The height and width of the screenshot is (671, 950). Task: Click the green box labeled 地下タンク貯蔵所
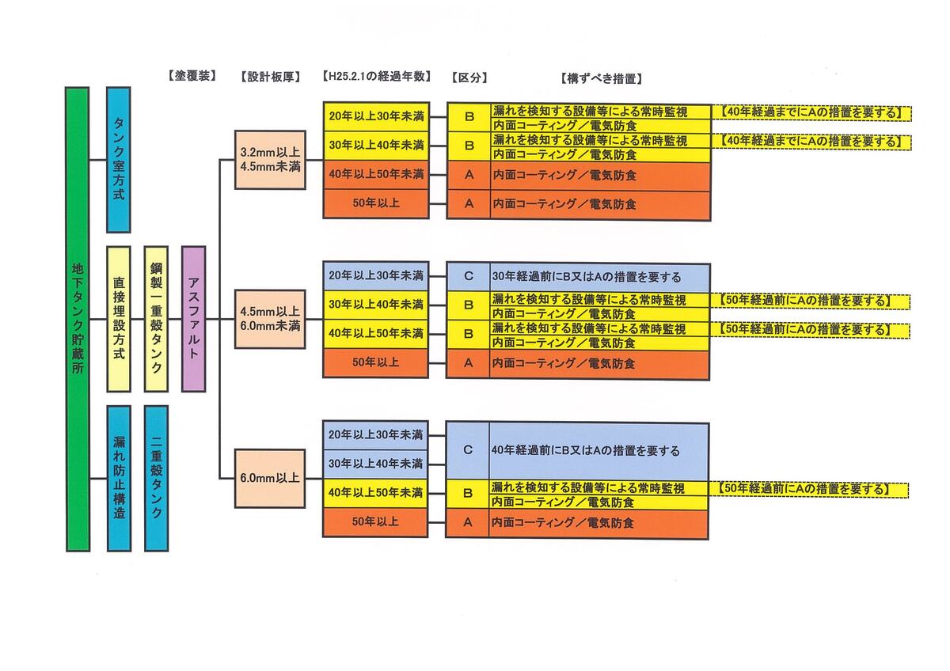click(x=78, y=319)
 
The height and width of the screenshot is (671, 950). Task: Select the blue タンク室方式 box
click(x=118, y=159)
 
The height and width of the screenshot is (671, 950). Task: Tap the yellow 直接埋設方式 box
click(x=118, y=319)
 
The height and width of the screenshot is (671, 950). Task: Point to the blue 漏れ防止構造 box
click(x=118, y=478)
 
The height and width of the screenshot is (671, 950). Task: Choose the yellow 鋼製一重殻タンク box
click(x=156, y=319)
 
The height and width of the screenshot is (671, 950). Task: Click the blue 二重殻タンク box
click(x=156, y=478)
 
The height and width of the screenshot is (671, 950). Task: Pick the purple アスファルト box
click(x=193, y=319)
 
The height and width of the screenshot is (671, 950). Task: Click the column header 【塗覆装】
click(x=192, y=77)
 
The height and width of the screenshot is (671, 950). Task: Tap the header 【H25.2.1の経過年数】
click(x=376, y=77)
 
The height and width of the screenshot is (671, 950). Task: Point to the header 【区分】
click(x=469, y=78)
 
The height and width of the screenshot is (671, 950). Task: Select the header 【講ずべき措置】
click(x=600, y=78)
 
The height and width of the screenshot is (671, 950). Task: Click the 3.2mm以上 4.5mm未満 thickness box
click(x=270, y=160)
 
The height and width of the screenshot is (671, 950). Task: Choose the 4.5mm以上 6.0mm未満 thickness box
click(x=270, y=318)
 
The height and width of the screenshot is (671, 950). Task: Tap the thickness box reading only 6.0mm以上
click(x=270, y=478)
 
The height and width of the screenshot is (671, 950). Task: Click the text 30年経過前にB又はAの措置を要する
click(x=586, y=277)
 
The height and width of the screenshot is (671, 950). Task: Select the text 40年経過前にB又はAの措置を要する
click(x=586, y=451)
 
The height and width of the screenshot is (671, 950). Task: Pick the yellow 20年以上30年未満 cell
click(x=376, y=116)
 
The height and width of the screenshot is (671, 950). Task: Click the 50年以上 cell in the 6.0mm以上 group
click(x=376, y=522)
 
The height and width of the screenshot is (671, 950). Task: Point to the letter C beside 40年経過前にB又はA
click(x=468, y=450)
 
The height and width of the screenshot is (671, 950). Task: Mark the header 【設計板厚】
click(x=270, y=78)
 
